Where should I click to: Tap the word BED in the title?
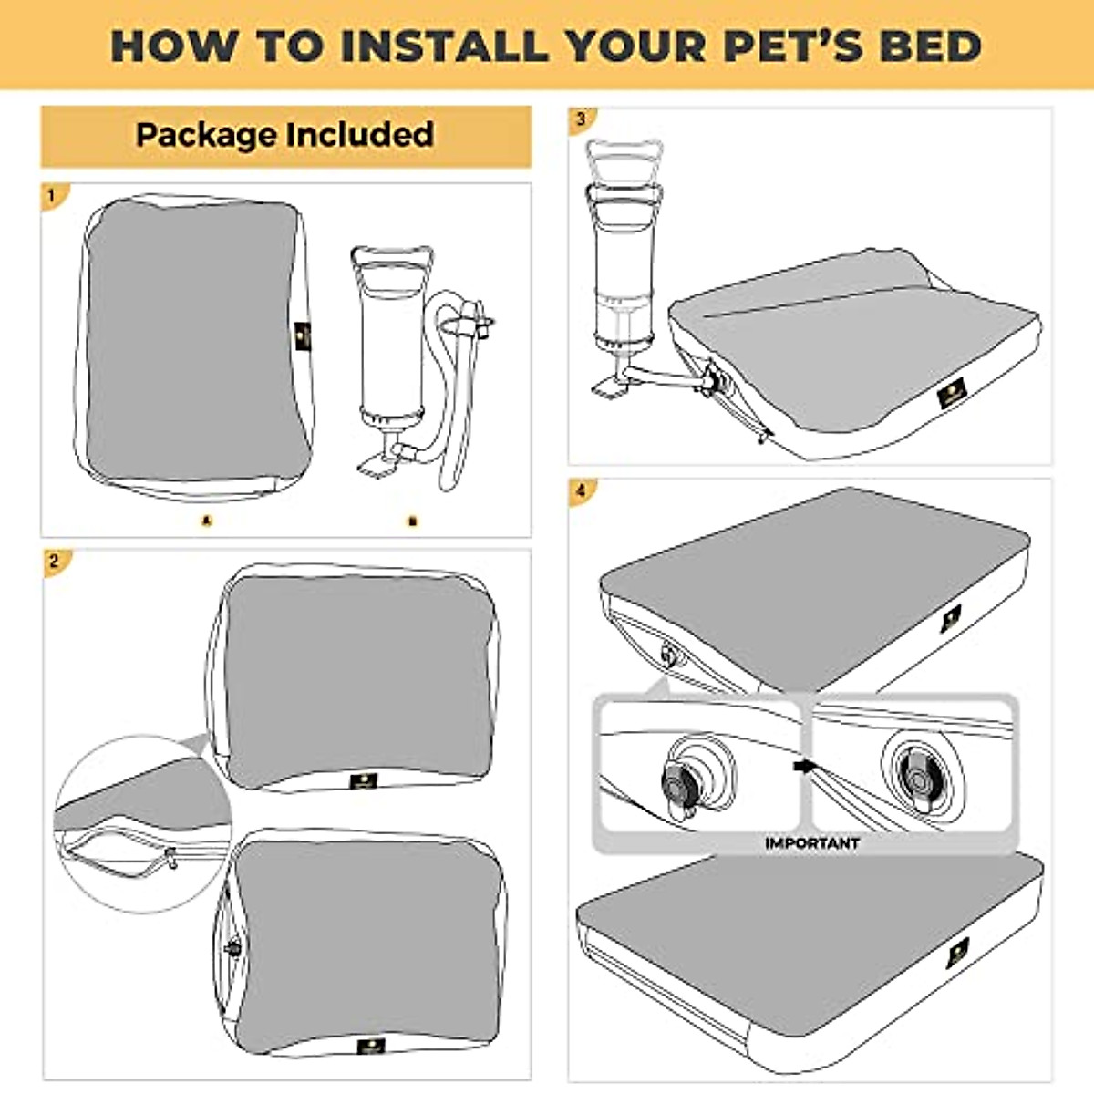click(930, 46)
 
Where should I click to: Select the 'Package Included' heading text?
click(284, 135)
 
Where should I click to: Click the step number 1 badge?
click(52, 195)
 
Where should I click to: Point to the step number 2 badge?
click(54, 561)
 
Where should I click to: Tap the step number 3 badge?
click(581, 119)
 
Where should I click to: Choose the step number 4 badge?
click(581, 490)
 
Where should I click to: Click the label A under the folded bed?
click(207, 521)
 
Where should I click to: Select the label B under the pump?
click(412, 521)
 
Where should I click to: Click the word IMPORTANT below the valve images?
click(811, 843)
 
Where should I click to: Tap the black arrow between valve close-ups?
click(803, 767)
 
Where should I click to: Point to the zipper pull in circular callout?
click(170, 858)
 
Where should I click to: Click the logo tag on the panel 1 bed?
click(303, 338)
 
